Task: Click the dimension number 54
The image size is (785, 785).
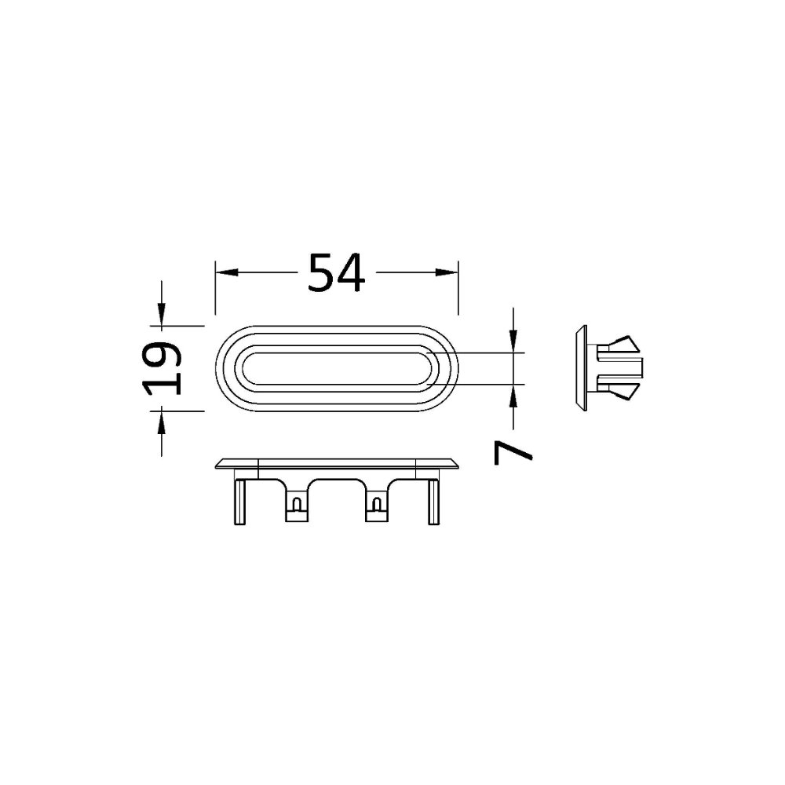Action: (x=337, y=273)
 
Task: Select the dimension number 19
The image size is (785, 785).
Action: (x=162, y=368)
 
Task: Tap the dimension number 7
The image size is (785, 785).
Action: (x=513, y=453)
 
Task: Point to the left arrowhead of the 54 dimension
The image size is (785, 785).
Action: (x=226, y=272)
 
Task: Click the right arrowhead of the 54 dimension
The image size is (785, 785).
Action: (x=447, y=272)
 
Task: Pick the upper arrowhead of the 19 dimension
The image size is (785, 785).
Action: (x=161, y=315)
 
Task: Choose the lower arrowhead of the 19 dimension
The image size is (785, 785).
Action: (x=161, y=422)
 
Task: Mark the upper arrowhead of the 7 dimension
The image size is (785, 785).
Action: (x=513, y=342)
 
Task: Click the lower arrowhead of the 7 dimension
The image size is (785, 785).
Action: (x=513, y=396)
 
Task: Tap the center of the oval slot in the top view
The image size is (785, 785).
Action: (x=337, y=368)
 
